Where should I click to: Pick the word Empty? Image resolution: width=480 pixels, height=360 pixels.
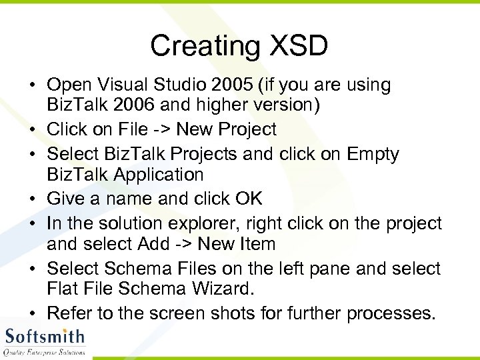pos(373,154)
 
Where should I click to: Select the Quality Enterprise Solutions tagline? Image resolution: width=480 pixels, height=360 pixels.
pos(44,352)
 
